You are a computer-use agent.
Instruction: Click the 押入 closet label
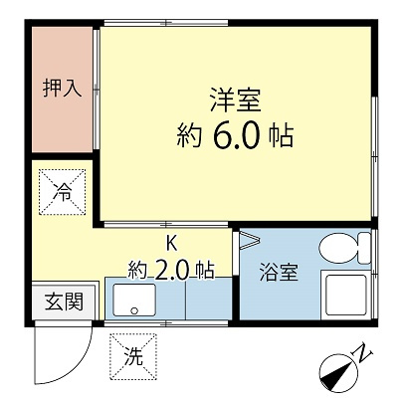pos(62,89)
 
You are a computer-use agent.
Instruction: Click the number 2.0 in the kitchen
pos(172,269)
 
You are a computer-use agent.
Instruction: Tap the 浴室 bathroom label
pos(279,273)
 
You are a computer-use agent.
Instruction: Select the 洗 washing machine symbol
pos(133,356)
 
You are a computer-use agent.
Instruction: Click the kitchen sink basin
pos(132,299)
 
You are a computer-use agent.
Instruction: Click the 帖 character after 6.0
pos(280,135)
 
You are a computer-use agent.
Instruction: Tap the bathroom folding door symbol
pos(248,239)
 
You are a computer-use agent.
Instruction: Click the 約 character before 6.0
pos(188,135)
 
